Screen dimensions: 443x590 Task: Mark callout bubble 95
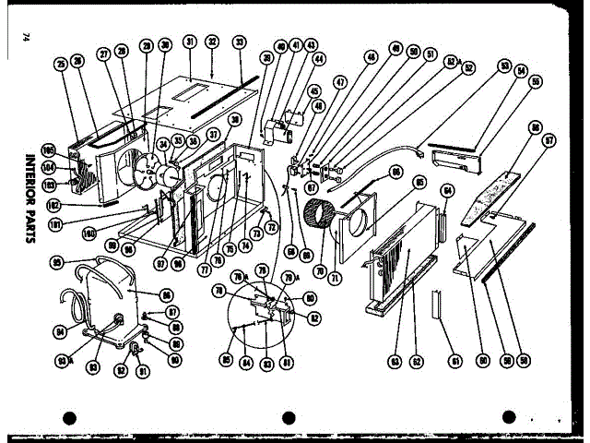click(x=57, y=262)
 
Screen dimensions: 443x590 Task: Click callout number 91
click(x=143, y=374)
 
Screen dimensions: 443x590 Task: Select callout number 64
click(x=449, y=191)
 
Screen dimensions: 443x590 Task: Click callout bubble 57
click(x=549, y=141)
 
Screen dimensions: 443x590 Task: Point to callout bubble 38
click(x=235, y=119)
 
